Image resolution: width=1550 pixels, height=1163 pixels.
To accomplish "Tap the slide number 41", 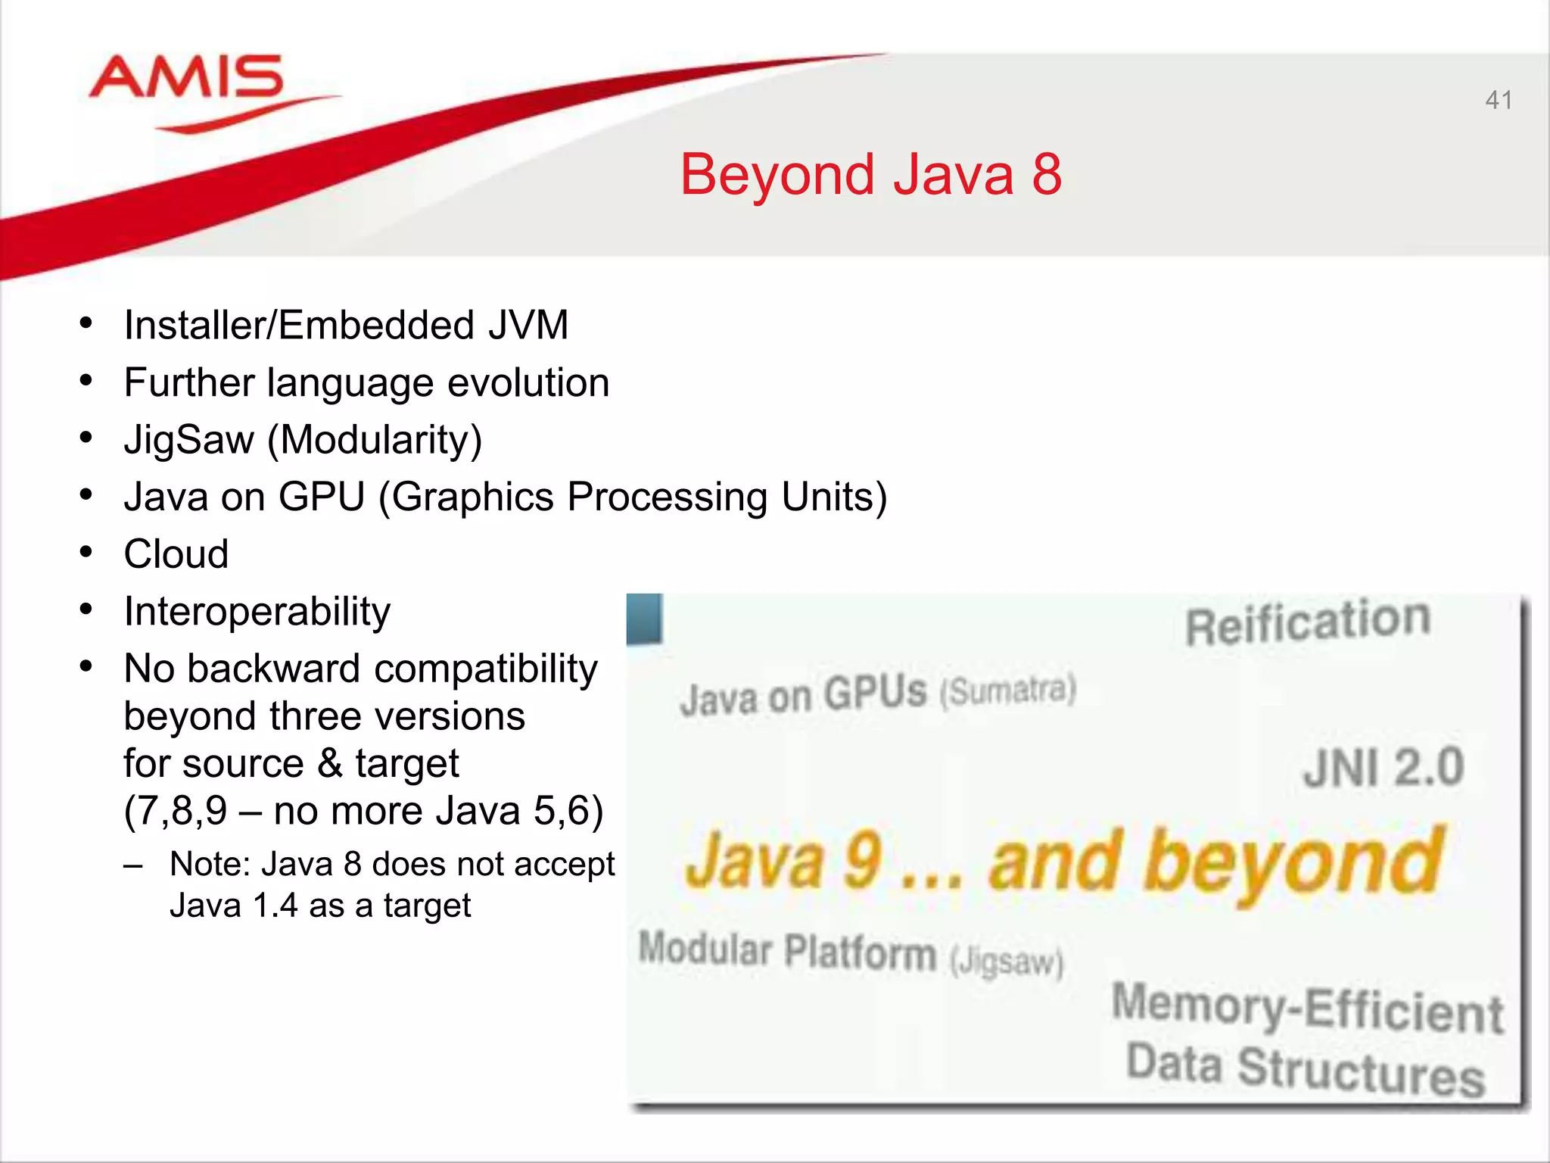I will [x=1499, y=100].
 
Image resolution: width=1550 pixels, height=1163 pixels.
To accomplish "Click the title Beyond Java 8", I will [x=870, y=175].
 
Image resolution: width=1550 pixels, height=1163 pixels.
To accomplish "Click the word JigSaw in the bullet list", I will [x=189, y=441].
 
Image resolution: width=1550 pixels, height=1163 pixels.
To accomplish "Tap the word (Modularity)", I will [x=375, y=441].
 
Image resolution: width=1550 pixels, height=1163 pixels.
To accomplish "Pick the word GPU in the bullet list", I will [x=322, y=497].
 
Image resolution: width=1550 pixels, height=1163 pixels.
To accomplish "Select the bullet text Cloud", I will [x=176, y=554].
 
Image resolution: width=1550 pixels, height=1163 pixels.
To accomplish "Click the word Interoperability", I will [x=257, y=612].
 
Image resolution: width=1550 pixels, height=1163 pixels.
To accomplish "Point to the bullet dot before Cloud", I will [x=86, y=553].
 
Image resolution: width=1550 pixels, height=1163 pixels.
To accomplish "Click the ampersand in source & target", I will [x=329, y=763].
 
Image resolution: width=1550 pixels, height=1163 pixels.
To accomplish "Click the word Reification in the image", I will [x=1307, y=622].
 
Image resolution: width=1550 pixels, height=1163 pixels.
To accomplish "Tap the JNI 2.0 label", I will [x=1383, y=767].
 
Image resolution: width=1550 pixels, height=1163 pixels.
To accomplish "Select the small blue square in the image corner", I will [x=645, y=619].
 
